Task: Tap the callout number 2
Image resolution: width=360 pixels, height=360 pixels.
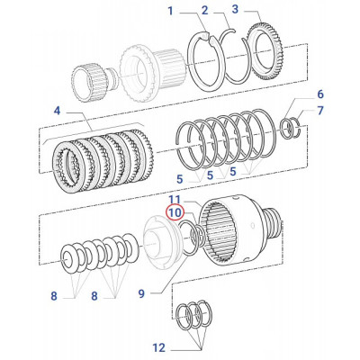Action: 204,11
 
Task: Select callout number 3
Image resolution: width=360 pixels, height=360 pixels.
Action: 235,11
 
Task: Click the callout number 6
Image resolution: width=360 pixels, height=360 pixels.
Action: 320,94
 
